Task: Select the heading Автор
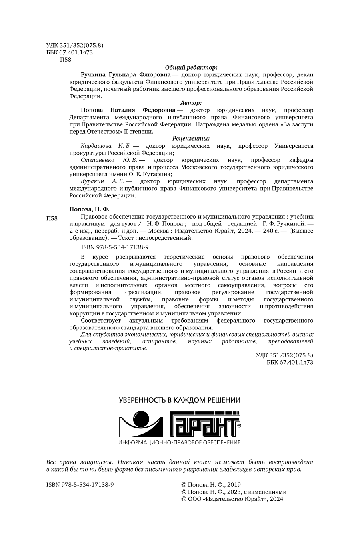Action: (x=191, y=102)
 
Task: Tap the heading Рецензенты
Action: (x=191, y=138)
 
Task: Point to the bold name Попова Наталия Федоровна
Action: (x=128, y=110)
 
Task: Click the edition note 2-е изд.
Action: (x=82, y=231)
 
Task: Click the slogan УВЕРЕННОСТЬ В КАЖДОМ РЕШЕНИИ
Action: (x=180, y=400)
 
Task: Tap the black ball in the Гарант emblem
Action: (x=142, y=417)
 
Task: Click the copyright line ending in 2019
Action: (x=211, y=484)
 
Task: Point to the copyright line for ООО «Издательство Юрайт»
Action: (x=232, y=499)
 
